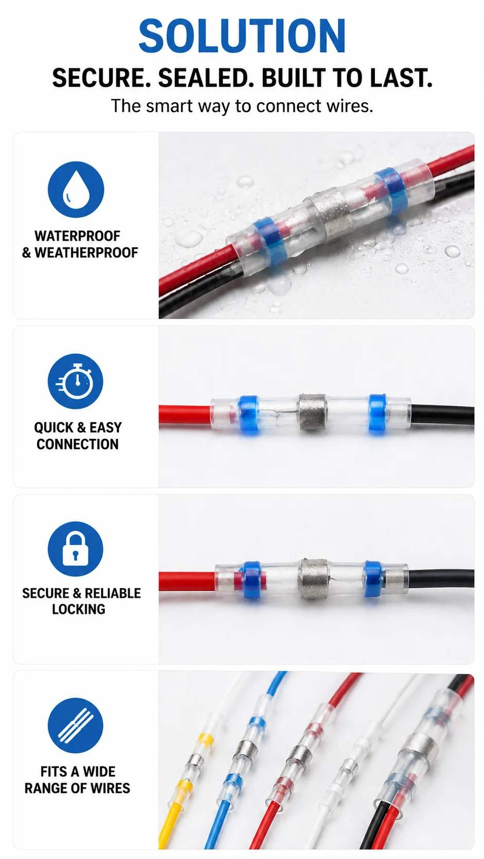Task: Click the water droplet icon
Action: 76,190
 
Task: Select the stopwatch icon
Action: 76,381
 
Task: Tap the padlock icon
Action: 76,549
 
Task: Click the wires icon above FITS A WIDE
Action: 76,725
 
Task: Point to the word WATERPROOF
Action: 78,236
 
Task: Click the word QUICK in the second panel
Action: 53,427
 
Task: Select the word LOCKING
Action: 79,609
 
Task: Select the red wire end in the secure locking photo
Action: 187,582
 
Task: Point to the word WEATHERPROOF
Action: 86,253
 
